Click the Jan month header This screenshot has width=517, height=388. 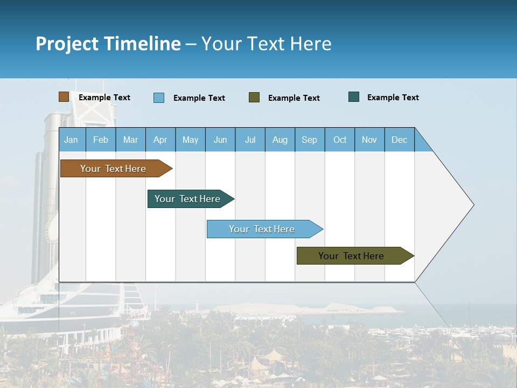pyautogui.click(x=71, y=140)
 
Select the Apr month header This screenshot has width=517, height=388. pyautogui.click(x=160, y=140)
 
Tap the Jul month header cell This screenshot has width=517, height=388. pyautogui.click(x=250, y=140)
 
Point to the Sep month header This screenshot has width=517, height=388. pyautogui.click(x=309, y=140)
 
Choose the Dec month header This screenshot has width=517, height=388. pyautogui.click(x=399, y=140)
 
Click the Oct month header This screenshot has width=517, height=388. pyautogui.click(x=340, y=140)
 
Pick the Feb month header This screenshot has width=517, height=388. pyautogui.click(x=101, y=140)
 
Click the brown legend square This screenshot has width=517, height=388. pyautogui.click(x=64, y=97)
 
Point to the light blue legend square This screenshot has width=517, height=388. pyautogui.click(x=158, y=98)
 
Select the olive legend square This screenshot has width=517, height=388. pyautogui.click(x=254, y=98)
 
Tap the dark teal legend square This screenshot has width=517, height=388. pyautogui.click(x=354, y=97)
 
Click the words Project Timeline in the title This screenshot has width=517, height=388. pyautogui.click(x=108, y=44)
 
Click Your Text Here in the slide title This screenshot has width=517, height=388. pyautogui.click(x=266, y=44)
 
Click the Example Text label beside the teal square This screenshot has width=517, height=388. pyautogui.click(x=393, y=98)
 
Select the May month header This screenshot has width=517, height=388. pyautogui.click(x=190, y=140)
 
